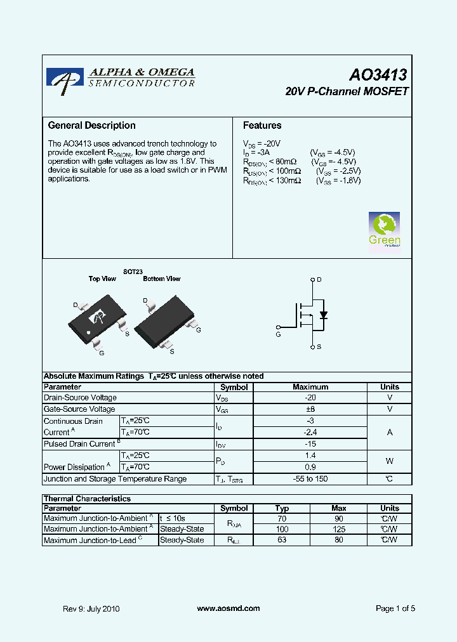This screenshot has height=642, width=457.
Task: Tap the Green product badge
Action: click(x=385, y=233)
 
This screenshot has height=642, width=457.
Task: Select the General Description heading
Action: click(x=92, y=126)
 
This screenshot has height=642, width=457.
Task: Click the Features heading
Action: click(x=262, y=126)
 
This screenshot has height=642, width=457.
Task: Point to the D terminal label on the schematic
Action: click(x=319, y=279)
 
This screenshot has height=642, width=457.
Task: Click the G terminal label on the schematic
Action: click(x=278, y=334)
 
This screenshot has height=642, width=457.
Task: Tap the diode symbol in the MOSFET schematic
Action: click(x=323, y=315)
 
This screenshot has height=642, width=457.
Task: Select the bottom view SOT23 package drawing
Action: click(x=164, y=322)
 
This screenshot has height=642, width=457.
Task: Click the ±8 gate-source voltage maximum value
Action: click(x=310, y=410)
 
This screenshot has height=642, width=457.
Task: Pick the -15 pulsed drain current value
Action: click(x=310, y=444)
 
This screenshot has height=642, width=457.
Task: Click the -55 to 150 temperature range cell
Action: click(x=310, y=479)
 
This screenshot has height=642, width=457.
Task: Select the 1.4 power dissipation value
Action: click(x=310, y=455)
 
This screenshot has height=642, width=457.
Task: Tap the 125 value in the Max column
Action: click(x=339, y=529)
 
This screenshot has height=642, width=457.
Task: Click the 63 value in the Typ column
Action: click(x=282, y=540)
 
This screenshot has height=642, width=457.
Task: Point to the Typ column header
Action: click(x=282, y=508)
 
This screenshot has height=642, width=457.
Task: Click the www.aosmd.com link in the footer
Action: click(x=228, y=608)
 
